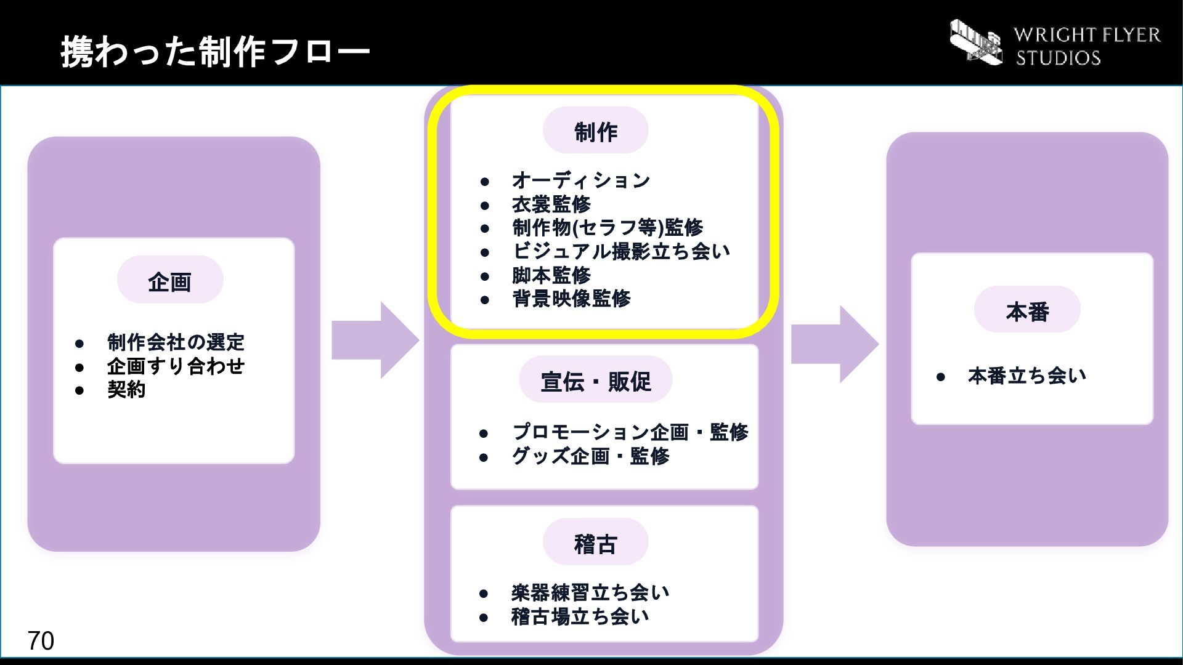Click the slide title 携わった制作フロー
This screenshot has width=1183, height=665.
tap(215, 51)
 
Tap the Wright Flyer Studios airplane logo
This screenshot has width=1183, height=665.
tap(976, 42)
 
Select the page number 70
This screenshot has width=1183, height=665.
tap(41, 641)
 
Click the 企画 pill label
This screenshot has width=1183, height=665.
tap(170, 280)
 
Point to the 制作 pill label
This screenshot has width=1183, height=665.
tap(595, 131)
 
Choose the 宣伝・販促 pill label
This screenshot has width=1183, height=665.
tap(595, 380)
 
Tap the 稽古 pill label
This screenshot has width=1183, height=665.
tap(595, 542)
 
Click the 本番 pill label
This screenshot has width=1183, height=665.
tap(1027, 310)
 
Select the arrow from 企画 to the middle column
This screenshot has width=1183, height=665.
tap(375, 340)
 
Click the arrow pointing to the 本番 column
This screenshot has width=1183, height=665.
tap(835, 344)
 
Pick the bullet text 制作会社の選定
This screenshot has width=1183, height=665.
tap(176, 342)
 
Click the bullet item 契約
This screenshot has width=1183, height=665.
tap(126, 389)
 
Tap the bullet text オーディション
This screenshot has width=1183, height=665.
tap(581, 180)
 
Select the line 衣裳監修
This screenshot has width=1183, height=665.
tap(551, 204)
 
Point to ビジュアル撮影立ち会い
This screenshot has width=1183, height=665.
tap(621, 251)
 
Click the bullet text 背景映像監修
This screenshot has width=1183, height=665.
tap(571, 299)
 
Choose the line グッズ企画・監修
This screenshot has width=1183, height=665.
tap(590, 456)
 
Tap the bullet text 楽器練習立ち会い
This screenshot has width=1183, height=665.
tap(590, 592)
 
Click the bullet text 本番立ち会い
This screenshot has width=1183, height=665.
tap(1026, 375)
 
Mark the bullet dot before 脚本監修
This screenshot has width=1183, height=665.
tap(485, 276)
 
